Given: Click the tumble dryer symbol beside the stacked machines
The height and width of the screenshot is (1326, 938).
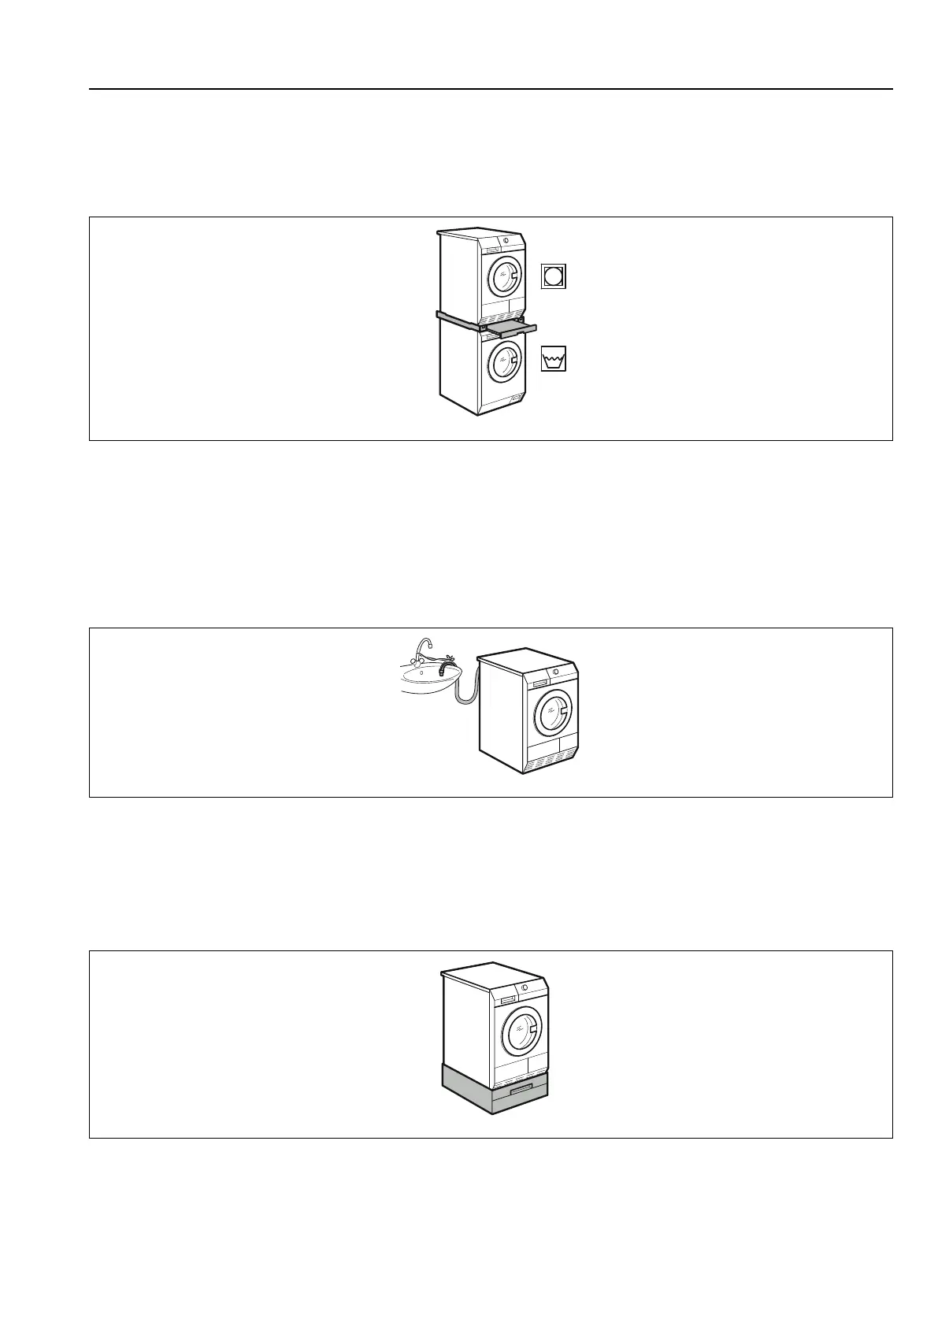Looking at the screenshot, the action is point(554,276).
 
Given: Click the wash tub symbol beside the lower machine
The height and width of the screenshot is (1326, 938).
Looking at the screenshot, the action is point(554,359).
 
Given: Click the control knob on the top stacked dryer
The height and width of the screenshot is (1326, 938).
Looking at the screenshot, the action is point(506,239).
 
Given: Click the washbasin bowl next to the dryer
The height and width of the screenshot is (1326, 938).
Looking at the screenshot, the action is point(425,676).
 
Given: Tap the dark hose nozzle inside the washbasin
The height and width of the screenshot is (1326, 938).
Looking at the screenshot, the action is point(448,669).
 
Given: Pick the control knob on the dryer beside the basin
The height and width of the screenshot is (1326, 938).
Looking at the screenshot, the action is point(555,672).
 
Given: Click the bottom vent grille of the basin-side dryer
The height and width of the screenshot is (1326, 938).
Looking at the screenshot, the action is point(551,759).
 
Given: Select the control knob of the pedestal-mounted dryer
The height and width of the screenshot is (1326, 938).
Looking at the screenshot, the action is point(524,987).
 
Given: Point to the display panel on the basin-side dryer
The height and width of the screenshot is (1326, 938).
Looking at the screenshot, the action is point(539,683).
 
